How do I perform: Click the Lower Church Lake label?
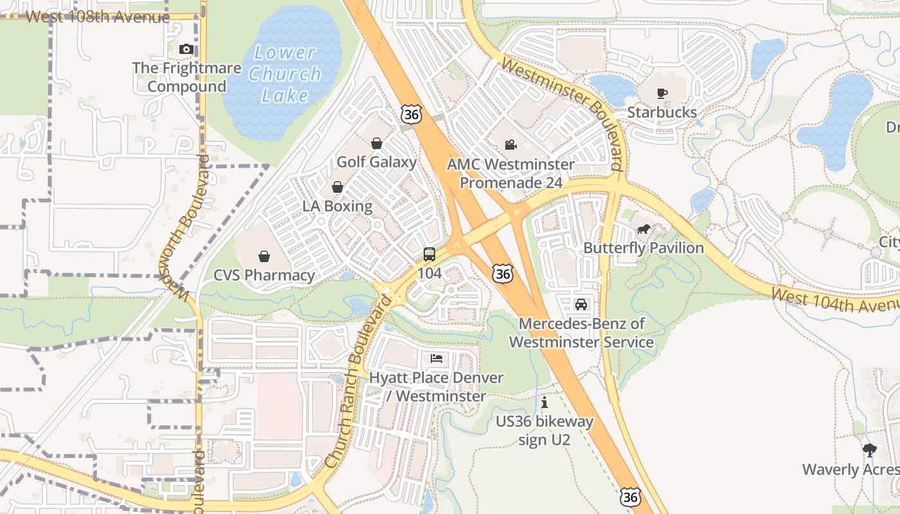(x=285, y=74)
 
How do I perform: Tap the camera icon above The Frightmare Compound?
(x=186, y=49)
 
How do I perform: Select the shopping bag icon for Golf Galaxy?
(x=377, y=143)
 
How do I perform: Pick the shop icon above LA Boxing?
(x=337, y=187)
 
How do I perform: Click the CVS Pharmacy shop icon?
(x=264, y=256)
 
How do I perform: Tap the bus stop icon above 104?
(x=429, y=254)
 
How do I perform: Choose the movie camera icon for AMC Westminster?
(x=510, y=145)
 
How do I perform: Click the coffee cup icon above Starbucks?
(x=662, y=93)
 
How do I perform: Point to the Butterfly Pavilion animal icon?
(x=643, y=229)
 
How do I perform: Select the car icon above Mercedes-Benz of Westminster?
(x=581, y=305)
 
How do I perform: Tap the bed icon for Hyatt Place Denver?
(x=437, y=359)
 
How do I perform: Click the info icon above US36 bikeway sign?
(x=544, y=403)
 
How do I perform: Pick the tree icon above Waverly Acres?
(x=870, y=450)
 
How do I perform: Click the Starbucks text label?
(x=661, y=112)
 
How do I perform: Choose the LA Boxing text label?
(x=337, y=206)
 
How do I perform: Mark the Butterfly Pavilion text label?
(x=643, y=248)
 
